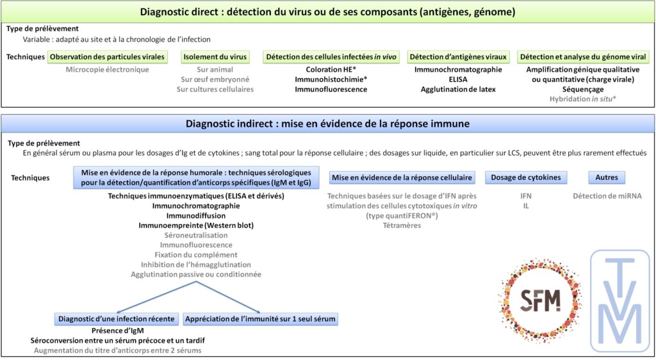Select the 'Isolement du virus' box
pyautogui.click(x=215, y=57)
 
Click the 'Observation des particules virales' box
pyautogui.click(x=107, y=57)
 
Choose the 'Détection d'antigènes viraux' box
pyautogui.click(x=458, y=57)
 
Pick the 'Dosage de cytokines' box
pyautogui.click(x=526, y=177)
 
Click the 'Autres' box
pyautogui.click(x=607, y=177)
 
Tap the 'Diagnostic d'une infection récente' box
pyautogui.click(x=117, y=318)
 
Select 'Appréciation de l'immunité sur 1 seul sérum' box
pyautogui.click(x=260, y=318)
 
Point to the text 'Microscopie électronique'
pyautogui.click(x=107, y=69)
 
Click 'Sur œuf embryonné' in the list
pyautogui.click(x=215, y=79)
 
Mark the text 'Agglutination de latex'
pyautogui.click(x=458, y=89)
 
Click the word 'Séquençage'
pyautogui.click(x=583, y=89)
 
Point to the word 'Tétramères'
pyautogui.click(x=402, y=225)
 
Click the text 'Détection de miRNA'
pyautogui.click(x=607, y=195)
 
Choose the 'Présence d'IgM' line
pyautogui.click(x=117, y=331)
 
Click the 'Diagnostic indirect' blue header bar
pyautogui.click(x=327, y=123)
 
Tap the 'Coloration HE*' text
pyautogui.click(x=331, y=69)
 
